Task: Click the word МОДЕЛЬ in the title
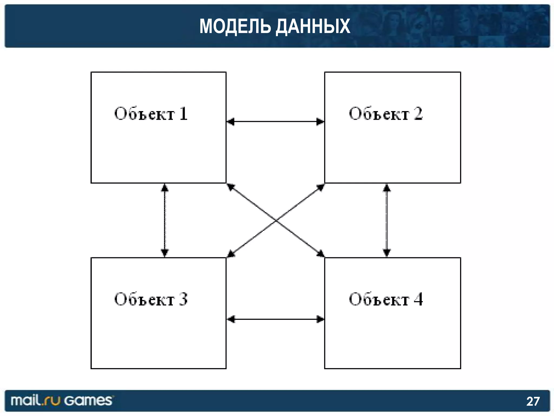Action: point(235,26)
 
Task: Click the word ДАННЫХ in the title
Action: point(313,27)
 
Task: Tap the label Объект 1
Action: point(151,114)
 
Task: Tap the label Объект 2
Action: point(385,114)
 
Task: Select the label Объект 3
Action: point(151,299)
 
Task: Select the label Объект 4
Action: point(385,299)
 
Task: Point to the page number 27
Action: point(533,401)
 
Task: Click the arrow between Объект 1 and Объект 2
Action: point(275,122)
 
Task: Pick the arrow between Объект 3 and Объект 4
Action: point(275,319)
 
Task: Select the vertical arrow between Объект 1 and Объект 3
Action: point(165,220)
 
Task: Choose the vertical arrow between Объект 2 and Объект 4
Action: point(387,220)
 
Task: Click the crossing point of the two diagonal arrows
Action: point(275,220)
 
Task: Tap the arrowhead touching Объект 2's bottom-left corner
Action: point(321,187)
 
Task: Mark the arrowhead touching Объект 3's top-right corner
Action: point(230,254)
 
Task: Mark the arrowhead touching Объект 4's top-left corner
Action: point(321,254)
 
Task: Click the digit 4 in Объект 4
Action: point(418,299)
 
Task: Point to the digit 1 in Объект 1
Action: point(183,114)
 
